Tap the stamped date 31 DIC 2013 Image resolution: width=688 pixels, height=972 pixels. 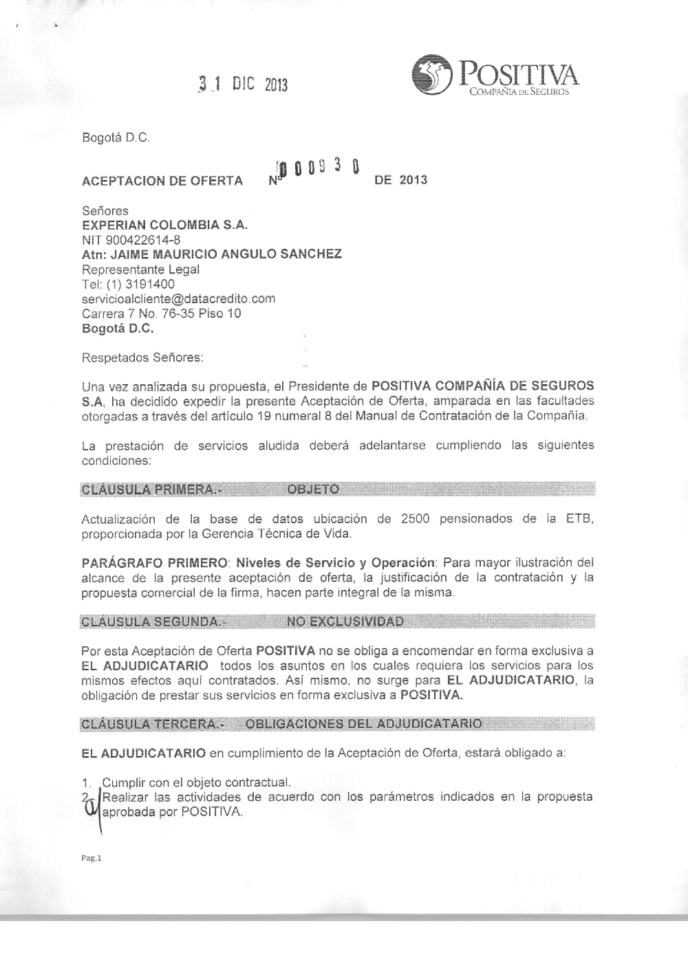click(242, 85)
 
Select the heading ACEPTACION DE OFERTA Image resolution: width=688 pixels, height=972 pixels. click(162, 181)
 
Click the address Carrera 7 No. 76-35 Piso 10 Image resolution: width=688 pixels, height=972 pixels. click(161, 313)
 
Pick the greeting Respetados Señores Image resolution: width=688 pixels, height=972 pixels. click(142, 357)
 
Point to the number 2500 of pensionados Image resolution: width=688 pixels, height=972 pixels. click(414, 518)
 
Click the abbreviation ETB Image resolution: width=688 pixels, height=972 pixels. click(579, 518)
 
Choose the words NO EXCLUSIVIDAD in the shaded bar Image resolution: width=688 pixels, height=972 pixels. click(345, 623)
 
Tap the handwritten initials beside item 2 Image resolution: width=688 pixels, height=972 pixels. click(89, 810)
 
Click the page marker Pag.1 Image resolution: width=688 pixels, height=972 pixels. click(91, 858)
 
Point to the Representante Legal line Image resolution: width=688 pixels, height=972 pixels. click(140, 269)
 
